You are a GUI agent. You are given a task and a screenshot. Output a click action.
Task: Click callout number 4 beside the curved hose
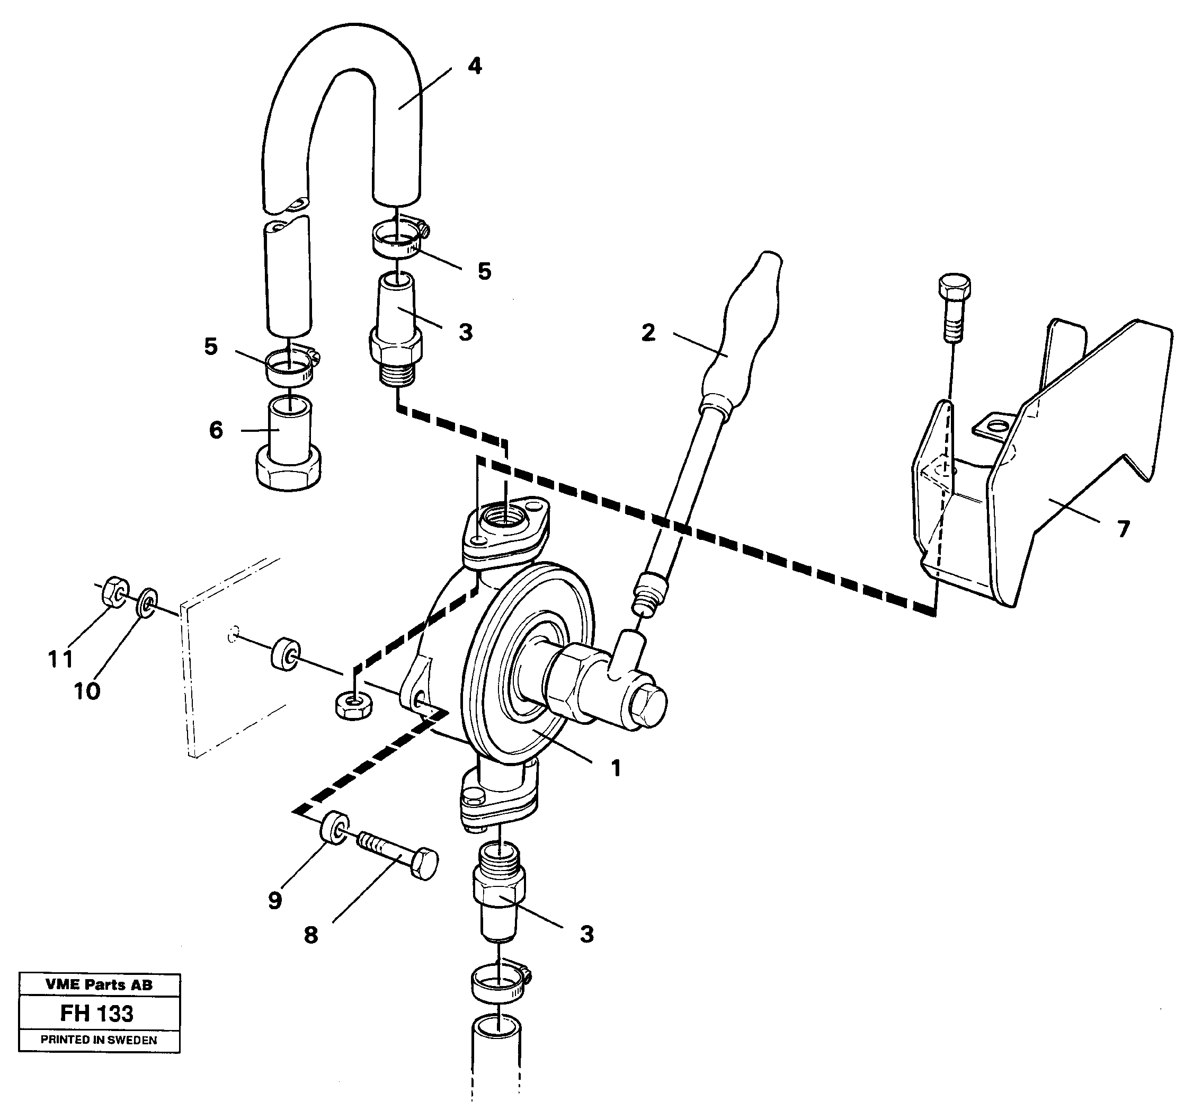(x=475, y=67)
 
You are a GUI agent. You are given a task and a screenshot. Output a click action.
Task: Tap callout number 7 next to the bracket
(x=1124, y=529)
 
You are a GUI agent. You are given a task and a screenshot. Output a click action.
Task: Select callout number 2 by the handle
(x=648, y=333)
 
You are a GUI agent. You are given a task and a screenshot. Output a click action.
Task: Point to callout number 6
(x=216, y=430)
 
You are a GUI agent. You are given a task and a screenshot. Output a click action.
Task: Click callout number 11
(x=60, y=659)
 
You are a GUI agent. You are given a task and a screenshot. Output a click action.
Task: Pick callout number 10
(x=87, y=691)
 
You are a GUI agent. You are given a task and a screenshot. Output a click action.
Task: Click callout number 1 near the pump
(x=616, y=768)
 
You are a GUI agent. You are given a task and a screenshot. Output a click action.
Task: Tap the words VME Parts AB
(x=99, y=984)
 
